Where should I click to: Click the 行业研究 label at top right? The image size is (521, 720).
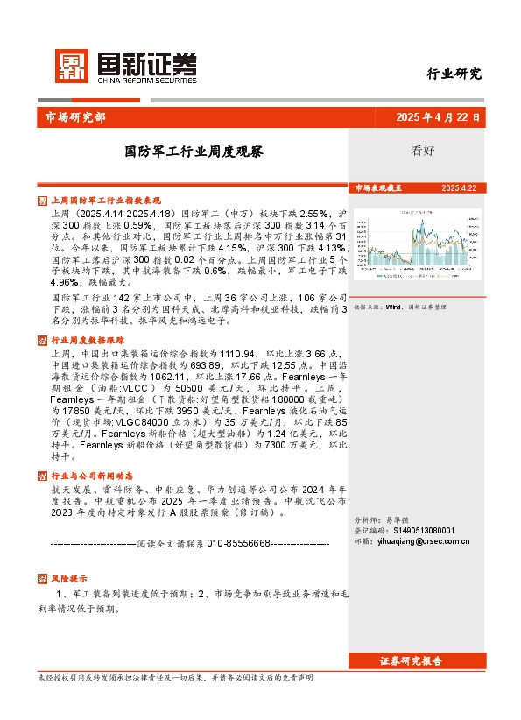(x=454, y=74)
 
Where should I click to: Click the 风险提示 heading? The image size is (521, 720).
(x=69, y=579)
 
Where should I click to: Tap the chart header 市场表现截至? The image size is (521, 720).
(x=378, y=188)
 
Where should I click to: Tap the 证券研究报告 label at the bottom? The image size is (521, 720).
(x=411, y=660)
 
